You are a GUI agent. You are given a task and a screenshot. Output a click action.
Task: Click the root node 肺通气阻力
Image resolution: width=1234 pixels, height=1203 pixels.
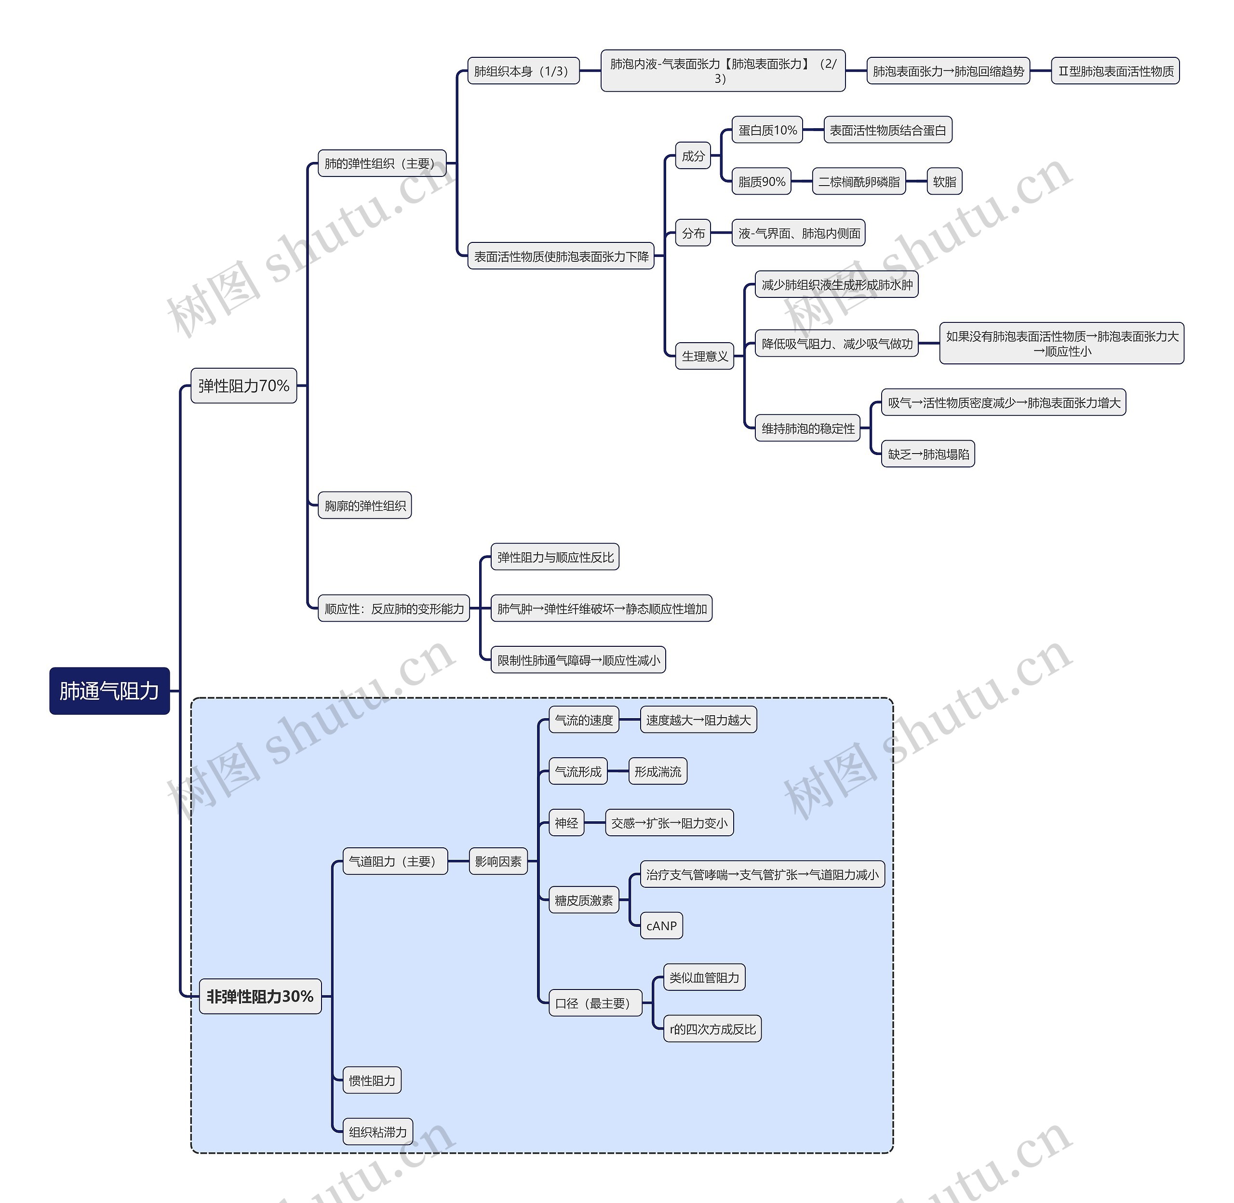coord(109,691)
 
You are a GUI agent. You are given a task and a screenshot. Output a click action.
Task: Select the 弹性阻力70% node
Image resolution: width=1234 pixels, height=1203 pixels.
coord(243,386)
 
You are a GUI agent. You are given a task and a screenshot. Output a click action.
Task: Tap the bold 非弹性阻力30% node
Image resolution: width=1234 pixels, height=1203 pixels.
coord(260,996)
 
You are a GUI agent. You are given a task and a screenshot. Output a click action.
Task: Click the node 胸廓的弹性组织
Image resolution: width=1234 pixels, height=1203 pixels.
coord(364,506)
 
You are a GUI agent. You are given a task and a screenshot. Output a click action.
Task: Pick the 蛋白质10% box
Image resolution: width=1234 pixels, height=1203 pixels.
coord(767,130)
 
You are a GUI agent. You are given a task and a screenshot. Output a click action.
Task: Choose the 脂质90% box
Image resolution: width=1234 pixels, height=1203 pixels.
coord(762,182)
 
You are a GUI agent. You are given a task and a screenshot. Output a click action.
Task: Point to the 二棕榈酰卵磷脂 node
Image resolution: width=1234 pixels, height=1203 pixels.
coord(858,182)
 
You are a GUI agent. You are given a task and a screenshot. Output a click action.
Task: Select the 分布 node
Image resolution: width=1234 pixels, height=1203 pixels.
coord(693,233)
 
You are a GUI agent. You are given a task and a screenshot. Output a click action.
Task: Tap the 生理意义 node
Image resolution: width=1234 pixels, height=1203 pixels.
coord(705,356)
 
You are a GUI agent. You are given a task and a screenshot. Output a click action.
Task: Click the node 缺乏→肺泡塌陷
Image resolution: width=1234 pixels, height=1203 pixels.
coord(927,454)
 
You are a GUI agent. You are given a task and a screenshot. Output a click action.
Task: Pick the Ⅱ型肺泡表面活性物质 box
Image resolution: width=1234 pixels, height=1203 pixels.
coord(1115,71)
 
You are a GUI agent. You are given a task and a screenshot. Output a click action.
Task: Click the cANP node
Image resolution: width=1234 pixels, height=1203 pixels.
coord(661,926)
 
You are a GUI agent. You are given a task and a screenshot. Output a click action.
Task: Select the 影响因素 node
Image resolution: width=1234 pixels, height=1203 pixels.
coord(498,861)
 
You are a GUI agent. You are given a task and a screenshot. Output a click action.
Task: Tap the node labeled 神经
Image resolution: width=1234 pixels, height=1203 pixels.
coord(566,823)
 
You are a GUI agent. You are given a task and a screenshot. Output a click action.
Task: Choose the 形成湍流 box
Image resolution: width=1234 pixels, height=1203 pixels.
coord(658,772)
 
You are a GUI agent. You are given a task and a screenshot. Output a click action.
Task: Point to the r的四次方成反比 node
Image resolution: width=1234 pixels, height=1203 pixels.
coord(712,1029)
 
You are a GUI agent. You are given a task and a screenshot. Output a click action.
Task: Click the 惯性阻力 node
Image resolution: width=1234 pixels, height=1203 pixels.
coord(372,1081)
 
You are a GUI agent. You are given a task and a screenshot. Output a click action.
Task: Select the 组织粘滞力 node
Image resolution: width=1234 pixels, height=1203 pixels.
coord(377,1132)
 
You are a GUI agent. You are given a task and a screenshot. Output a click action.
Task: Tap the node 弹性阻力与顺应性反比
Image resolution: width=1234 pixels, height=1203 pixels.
coord(555,557)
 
